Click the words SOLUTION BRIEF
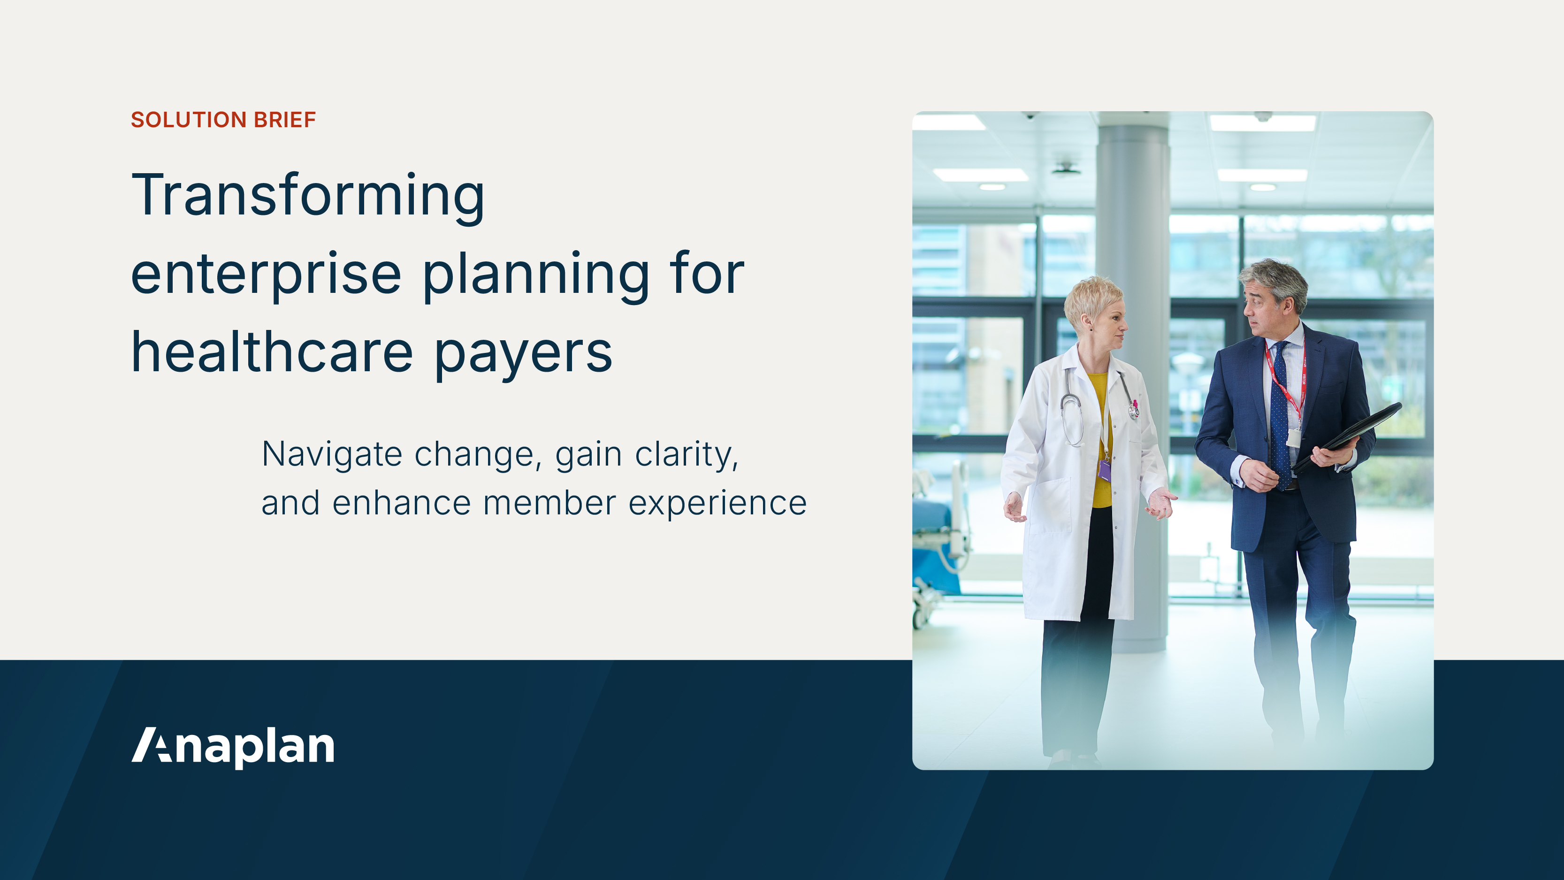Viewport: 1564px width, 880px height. (x=223, y=120)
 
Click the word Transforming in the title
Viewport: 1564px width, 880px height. (x=308, y=196)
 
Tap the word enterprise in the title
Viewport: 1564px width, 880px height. (x=266, y=275)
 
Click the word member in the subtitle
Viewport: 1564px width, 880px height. (x=549, y=504)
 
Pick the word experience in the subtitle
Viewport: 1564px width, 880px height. (x=717, y=505)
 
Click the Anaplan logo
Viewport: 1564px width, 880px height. (x=233, y=746)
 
